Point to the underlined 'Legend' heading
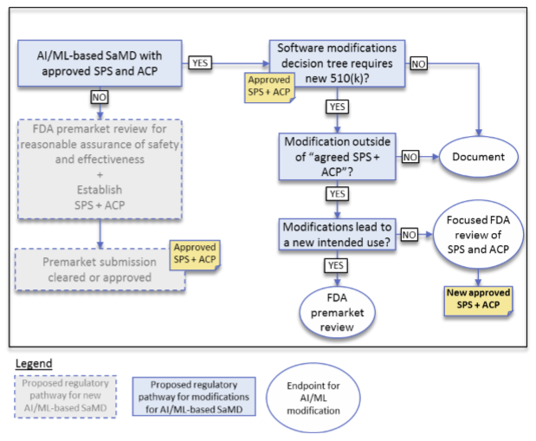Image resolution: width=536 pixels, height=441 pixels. (x=34, y=361)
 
